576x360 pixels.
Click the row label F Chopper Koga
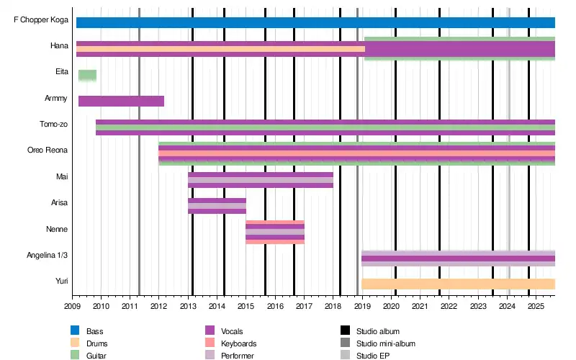click(x=42, y=20)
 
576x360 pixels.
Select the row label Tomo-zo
click(x=53, y=125)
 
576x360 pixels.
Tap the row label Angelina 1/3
click(x=48, y=256)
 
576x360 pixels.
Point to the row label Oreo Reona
click(x=48, y=150)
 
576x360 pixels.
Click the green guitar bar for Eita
click(x=87, y=75)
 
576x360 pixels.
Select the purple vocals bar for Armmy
click(x=121, y=101)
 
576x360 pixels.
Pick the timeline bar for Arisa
click(x=217, y=206)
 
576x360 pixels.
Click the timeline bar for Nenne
click(x=274, y=232)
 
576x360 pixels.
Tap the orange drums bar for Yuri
click(x=458, y=284)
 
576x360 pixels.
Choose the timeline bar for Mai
click(x=260, y=180)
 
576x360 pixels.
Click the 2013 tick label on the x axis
click(x=188, y=307)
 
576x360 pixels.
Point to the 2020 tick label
click(x=391, y=307)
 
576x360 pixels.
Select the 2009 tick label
click(x=72, y=307)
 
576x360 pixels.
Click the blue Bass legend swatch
click(x=75, y=330)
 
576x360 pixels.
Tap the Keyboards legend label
click(x=239, y=343)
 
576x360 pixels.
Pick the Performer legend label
click(x=238, y=356)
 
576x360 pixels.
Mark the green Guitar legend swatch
click(x=75, y=356)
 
